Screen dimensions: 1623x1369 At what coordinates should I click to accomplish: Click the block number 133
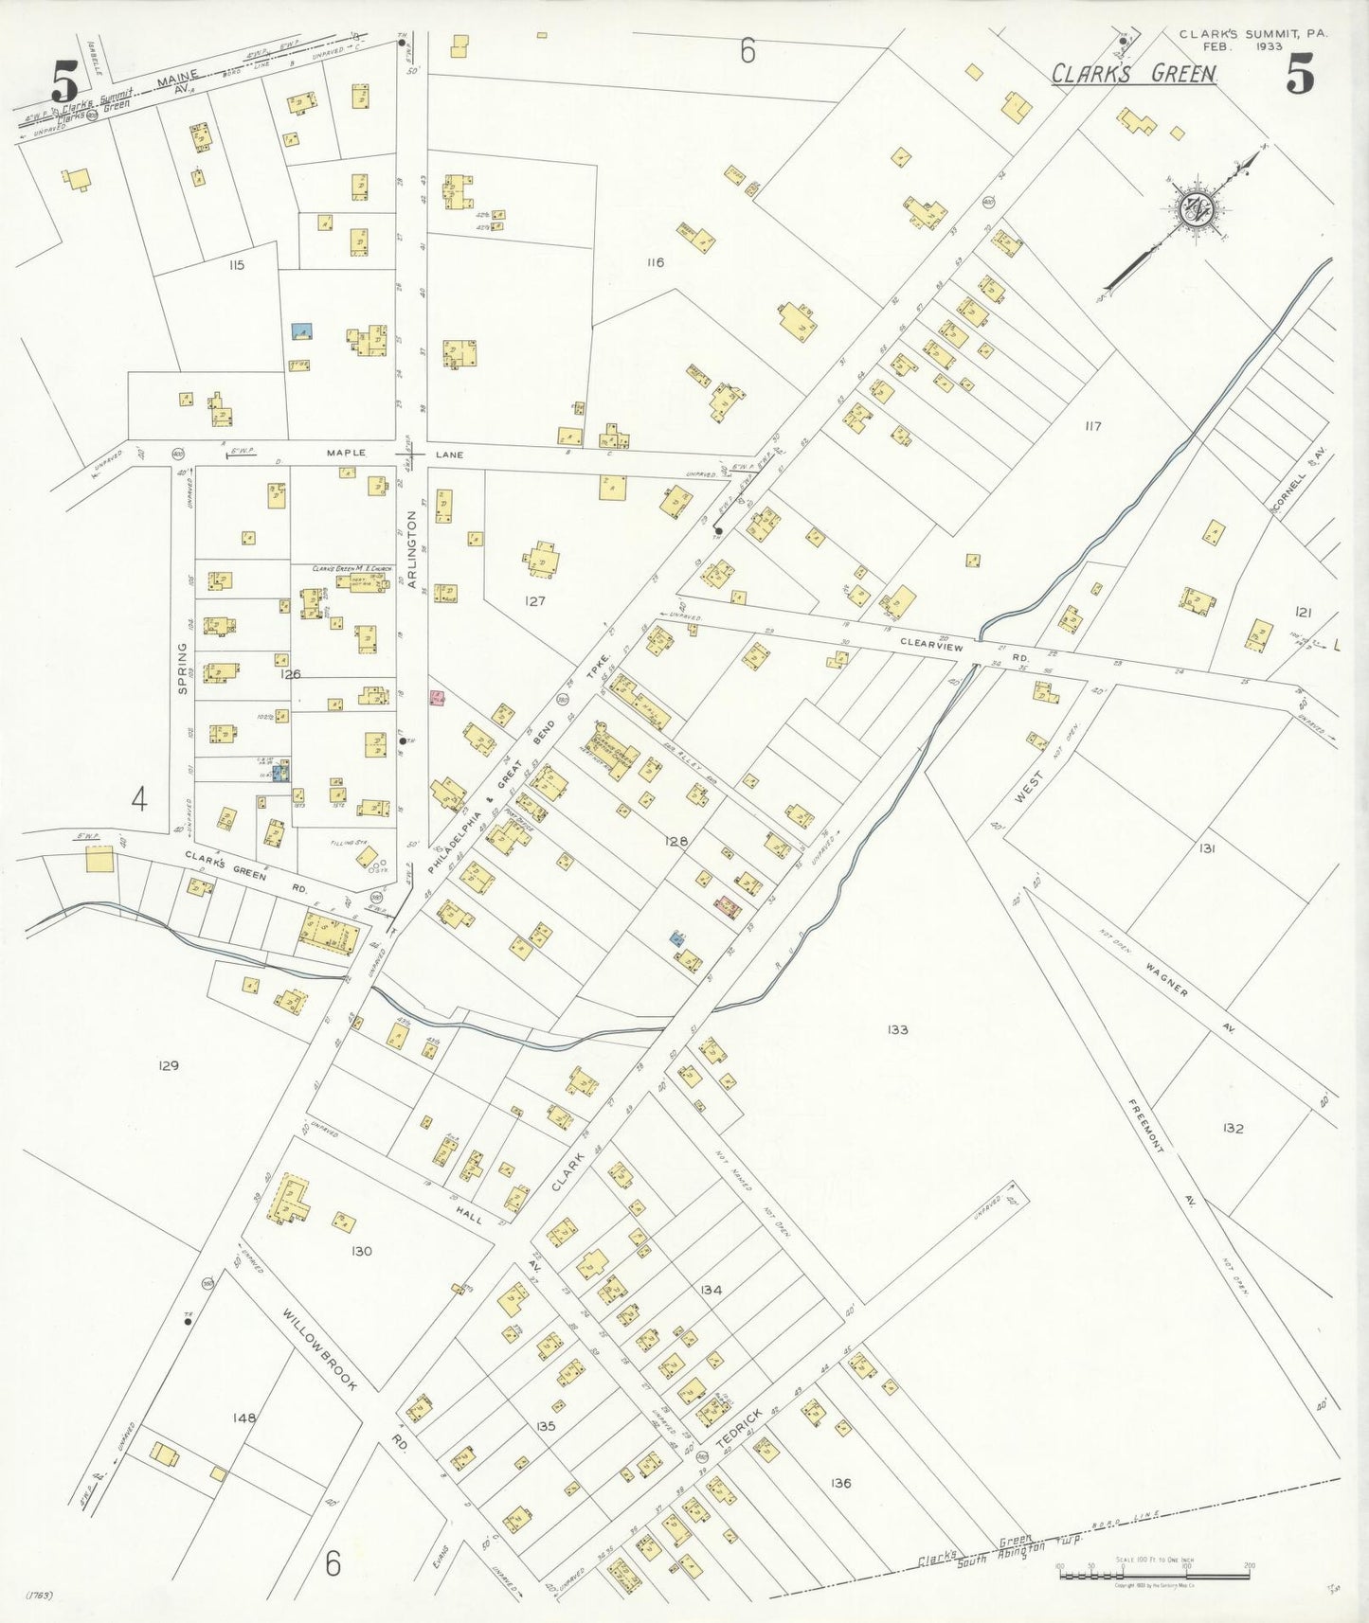898,1029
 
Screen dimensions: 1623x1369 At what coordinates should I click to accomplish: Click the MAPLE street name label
346,454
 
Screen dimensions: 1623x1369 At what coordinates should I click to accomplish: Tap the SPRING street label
183,668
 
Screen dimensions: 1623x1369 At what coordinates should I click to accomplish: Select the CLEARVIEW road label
931,646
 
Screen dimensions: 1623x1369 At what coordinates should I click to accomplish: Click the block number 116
655,262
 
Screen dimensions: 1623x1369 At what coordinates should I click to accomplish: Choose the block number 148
244,1418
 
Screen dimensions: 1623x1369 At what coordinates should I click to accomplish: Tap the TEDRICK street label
739,1428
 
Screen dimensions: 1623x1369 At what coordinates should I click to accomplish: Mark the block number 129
168,1065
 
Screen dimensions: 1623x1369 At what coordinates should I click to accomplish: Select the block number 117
1093,426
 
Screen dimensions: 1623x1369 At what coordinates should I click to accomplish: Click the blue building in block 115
302,331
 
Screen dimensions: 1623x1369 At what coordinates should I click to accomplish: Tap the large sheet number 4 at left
139,801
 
